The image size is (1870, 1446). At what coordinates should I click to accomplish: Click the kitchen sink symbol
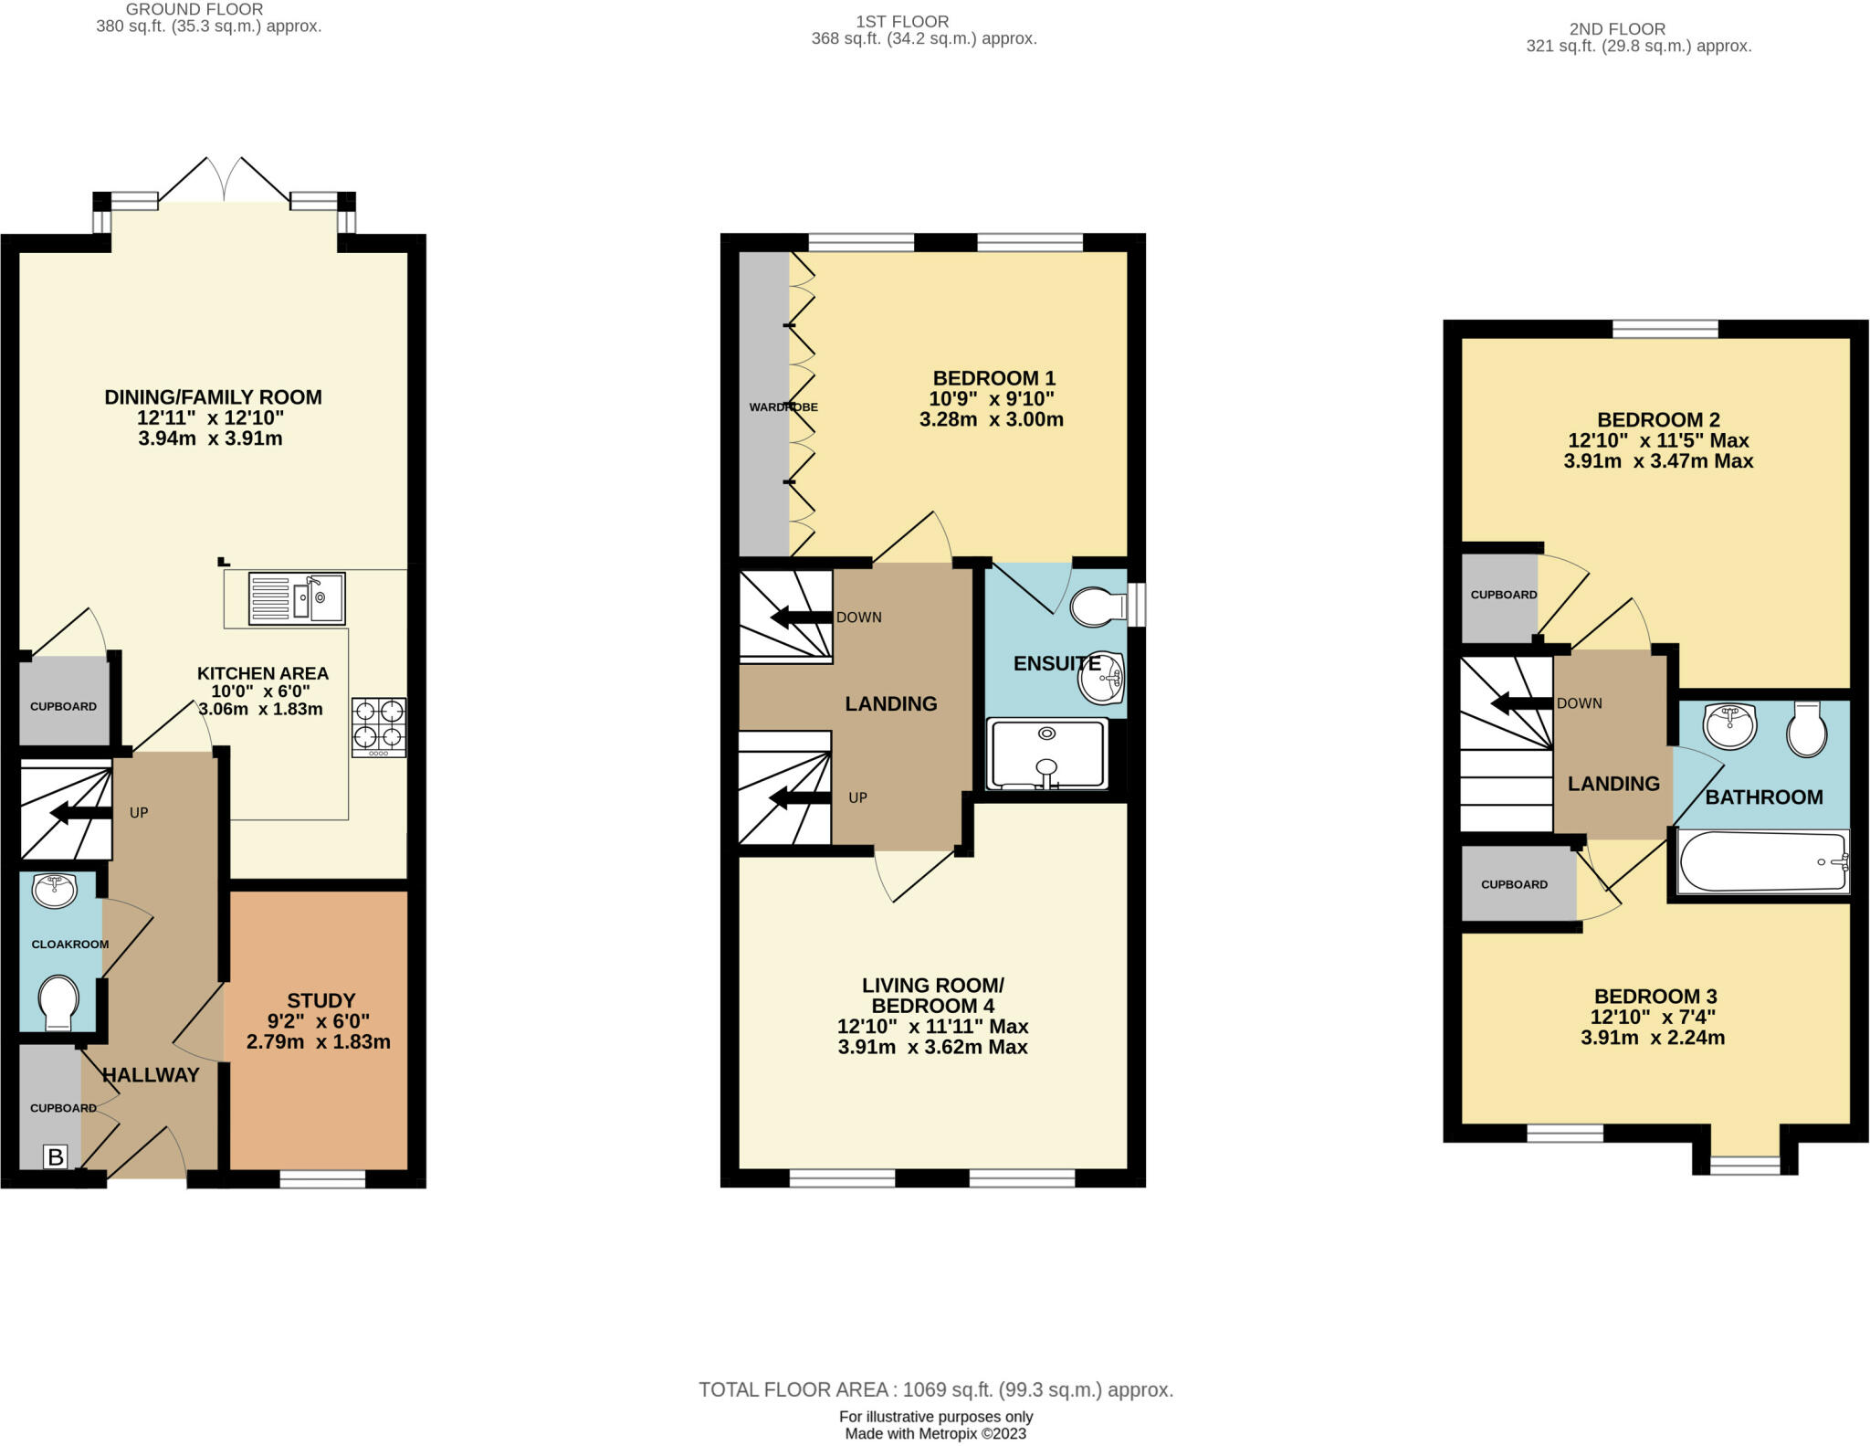click(x=297, y=598)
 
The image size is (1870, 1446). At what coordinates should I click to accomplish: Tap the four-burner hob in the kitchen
click(x=379, y=727)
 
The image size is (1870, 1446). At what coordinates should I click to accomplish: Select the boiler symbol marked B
click(x=55, y=1157)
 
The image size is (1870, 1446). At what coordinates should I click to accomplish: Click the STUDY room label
click(x=320, y=1000)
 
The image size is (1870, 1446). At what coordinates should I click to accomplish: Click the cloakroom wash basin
click(x=54, y=890)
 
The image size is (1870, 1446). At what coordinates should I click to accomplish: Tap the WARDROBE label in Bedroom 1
click(x=783, y=407)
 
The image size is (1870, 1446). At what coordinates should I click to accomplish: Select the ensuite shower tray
click(x=1047, y=755)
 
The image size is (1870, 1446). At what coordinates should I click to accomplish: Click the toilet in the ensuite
click(x=1099, y=607)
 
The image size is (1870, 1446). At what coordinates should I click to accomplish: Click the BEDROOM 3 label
click(x=1655, y=997)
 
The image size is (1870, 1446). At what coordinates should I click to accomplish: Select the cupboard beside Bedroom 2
click(x=1501, y=595)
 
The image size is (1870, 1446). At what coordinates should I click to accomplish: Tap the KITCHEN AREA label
click(x=263, y=673)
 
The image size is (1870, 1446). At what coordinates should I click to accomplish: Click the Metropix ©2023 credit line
click(x=936, y=1434)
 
